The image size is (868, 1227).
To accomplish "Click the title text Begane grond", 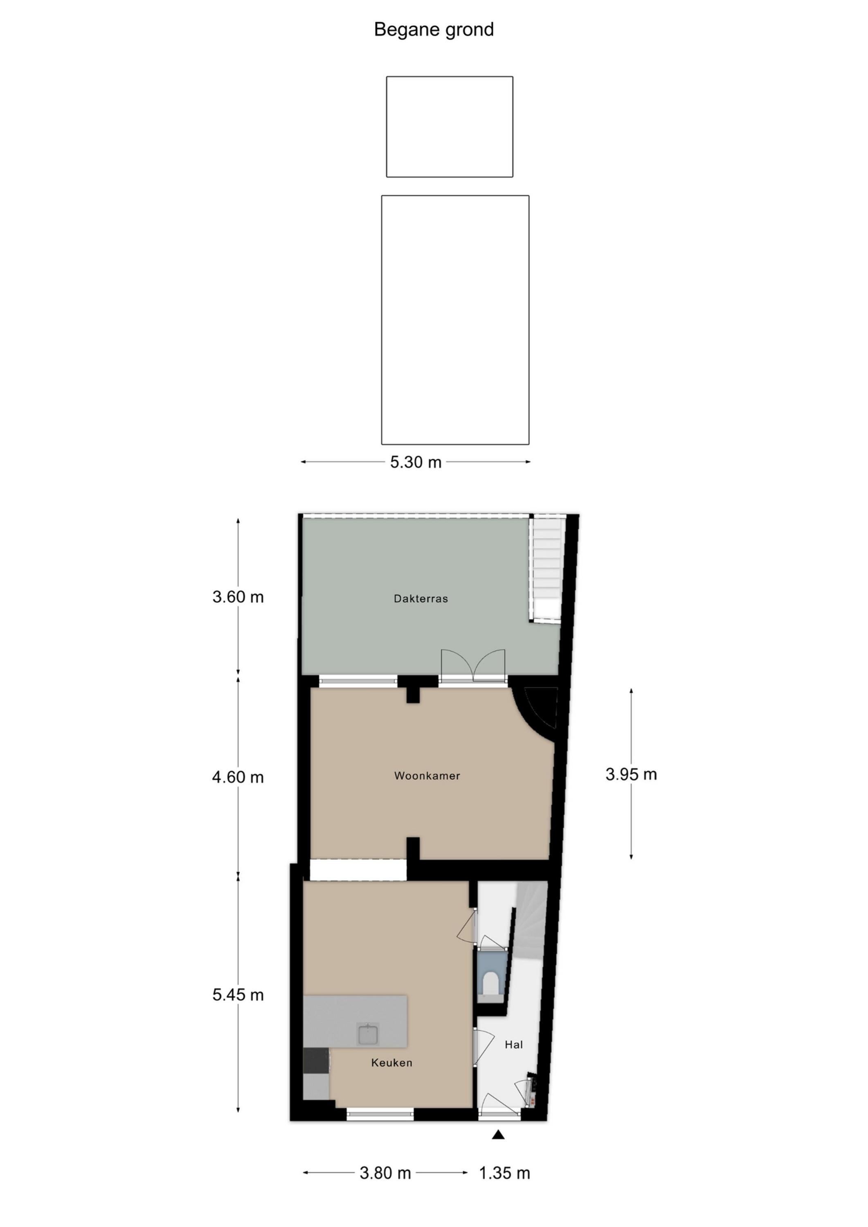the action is coord(434,30).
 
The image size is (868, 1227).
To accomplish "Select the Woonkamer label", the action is coord(427,775).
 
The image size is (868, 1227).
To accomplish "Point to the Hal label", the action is coord(514,1044).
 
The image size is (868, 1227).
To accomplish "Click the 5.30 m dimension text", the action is coord(416,462).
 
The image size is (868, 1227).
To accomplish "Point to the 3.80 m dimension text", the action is coord(385,1173).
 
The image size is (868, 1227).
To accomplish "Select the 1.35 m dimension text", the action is coord(504,1173).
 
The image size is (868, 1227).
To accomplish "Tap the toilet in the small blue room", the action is coord(491,982).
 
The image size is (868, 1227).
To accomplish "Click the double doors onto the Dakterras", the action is coord(473,666).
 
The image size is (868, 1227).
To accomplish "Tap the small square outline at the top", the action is coord(450,127).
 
